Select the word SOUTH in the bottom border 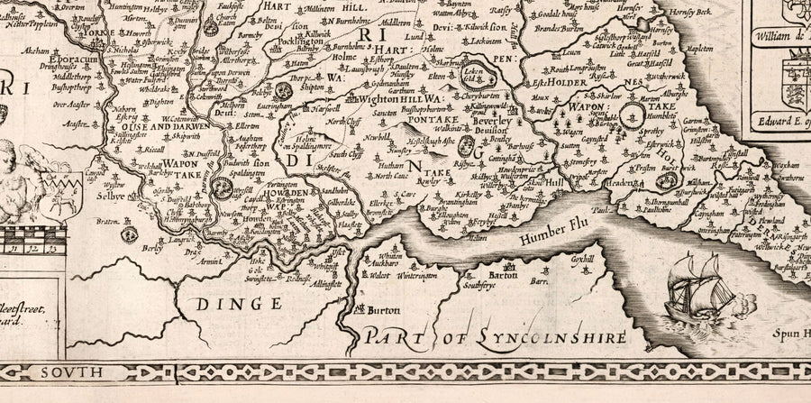[88, 371]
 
